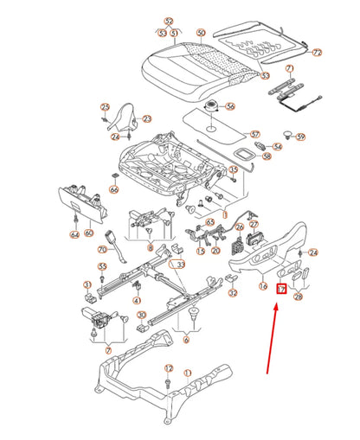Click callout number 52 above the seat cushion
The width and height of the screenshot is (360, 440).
tap(169, 21)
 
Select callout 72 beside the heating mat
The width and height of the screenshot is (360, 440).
tap(317, 53)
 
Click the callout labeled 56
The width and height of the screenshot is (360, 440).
tap(231, 107)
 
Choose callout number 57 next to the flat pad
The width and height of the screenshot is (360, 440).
tap(254, 134)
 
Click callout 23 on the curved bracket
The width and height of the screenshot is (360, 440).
tap(146, 119)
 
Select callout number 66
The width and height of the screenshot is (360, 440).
tap(113, 188)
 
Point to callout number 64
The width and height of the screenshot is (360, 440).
tap(74, 233)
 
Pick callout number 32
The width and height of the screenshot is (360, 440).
tap(233, 292)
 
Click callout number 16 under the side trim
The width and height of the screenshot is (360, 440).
tap(263, 284)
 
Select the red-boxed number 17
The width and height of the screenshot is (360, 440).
tap(281, 290)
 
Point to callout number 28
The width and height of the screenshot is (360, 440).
tap(299, 297)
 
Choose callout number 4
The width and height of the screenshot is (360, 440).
tap(137, 299)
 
